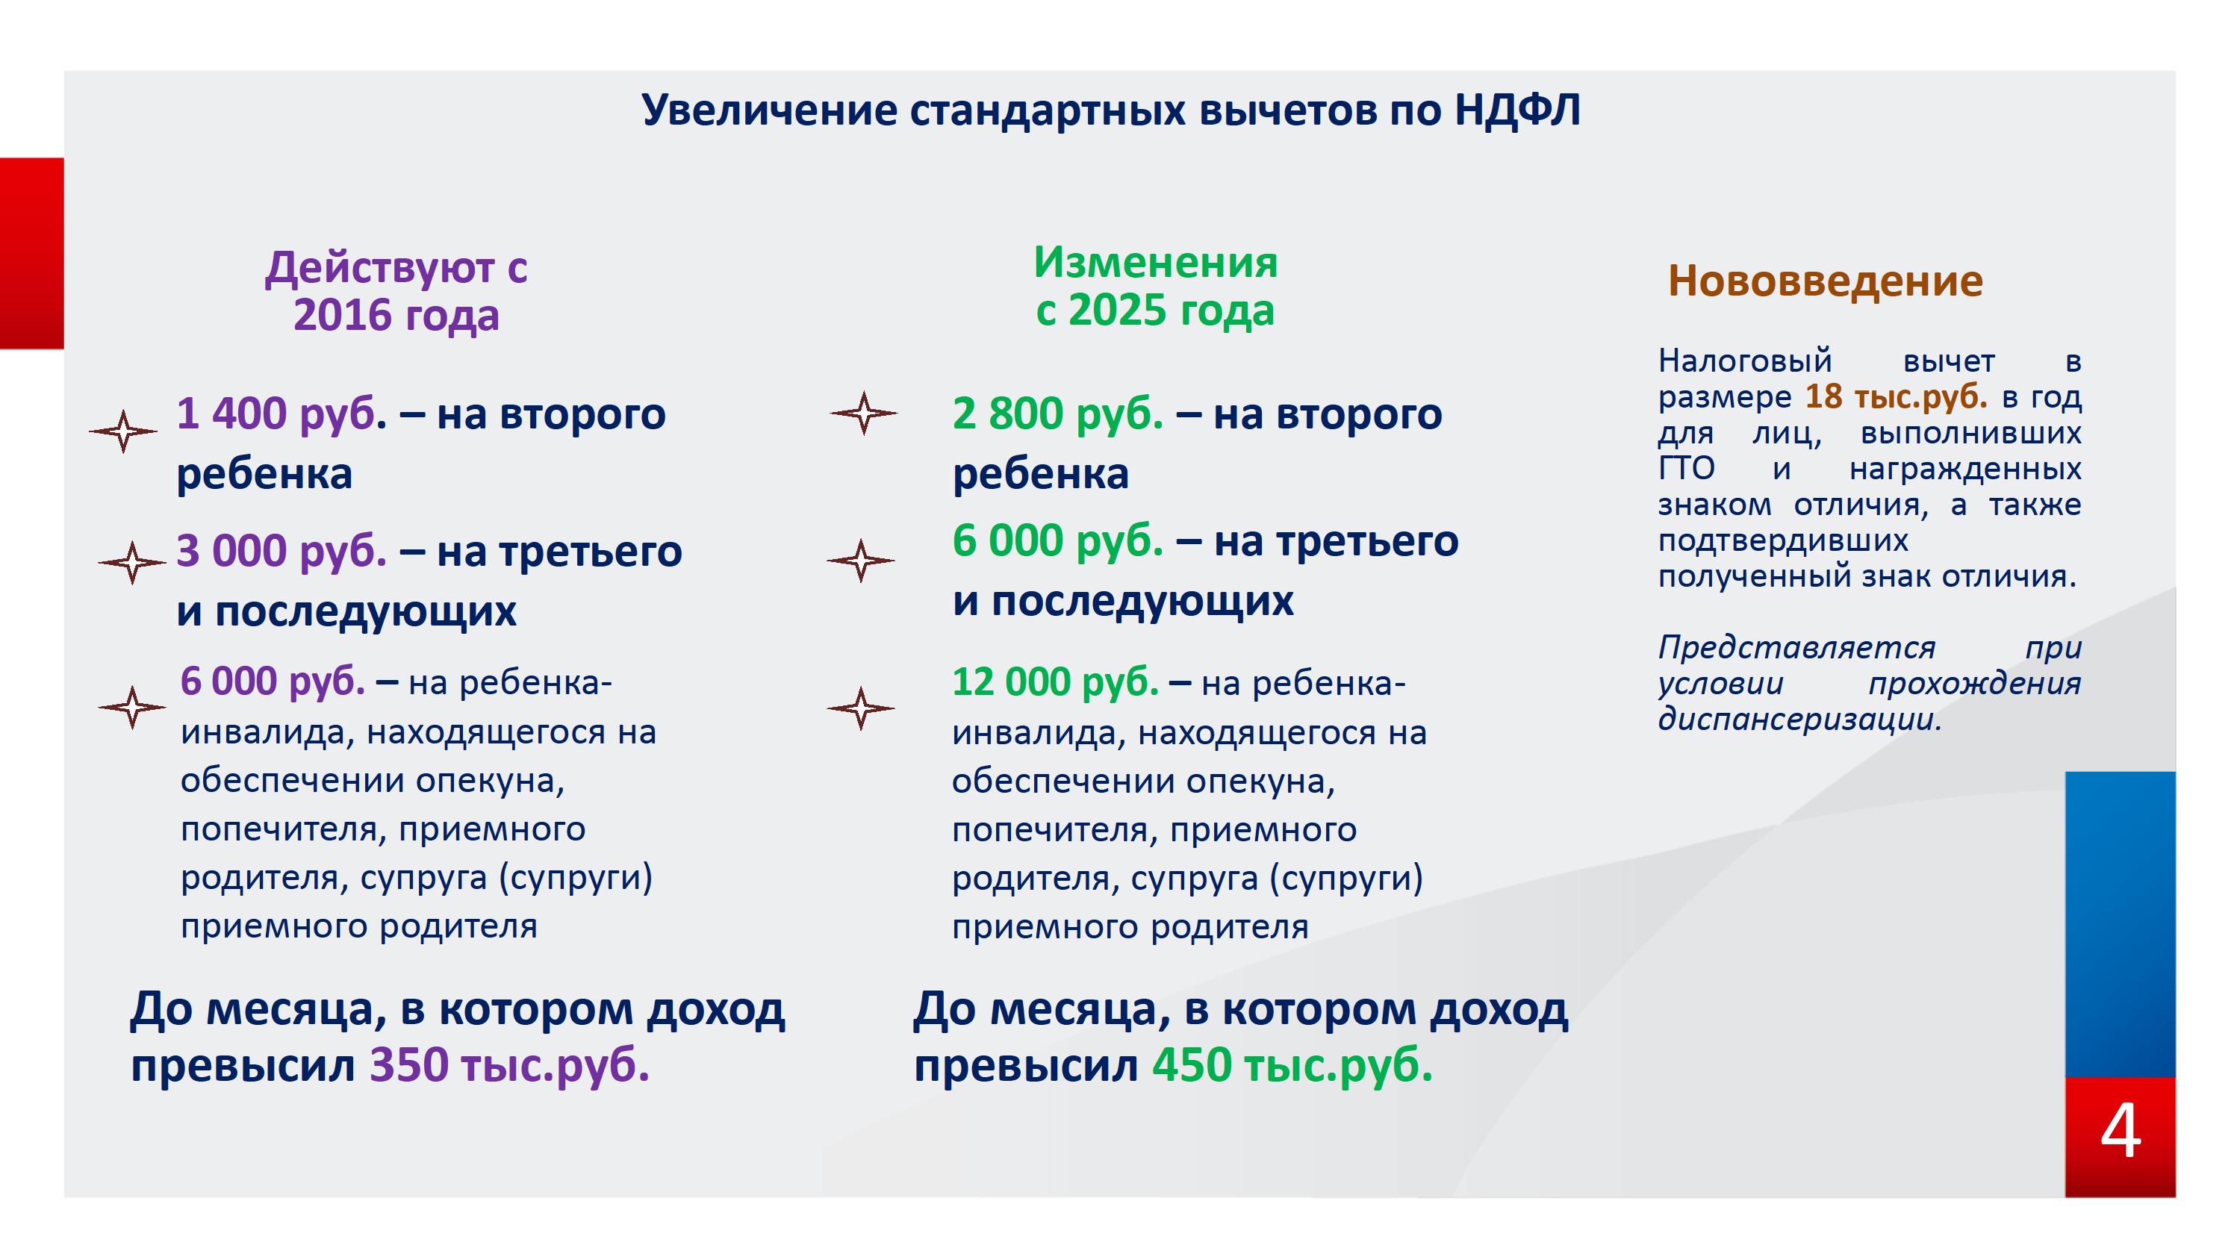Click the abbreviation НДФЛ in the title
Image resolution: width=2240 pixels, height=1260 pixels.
click(x=1517, y=110)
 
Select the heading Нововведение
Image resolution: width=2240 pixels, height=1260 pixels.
click(x=1825, y=281)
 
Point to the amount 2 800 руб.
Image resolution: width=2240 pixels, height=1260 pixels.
click(x=1057, y=414)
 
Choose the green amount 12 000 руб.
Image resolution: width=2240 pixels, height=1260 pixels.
click(x=1056, y=682)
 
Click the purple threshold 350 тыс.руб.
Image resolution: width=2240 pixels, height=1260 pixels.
click(x=509, y=1066)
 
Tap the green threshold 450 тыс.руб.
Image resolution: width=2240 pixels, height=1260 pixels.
click(x=1292, y=1066)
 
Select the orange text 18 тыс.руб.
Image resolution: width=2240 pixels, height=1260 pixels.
click(x=1897, y=397)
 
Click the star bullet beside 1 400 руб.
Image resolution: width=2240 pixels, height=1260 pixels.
click(x=123, y=431)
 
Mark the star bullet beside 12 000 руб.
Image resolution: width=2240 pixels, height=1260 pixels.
click(x=861, y=708)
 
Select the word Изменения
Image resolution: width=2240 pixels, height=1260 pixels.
click(x=1156, y=263)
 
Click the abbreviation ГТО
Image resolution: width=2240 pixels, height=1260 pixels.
click(x=1686, y=470)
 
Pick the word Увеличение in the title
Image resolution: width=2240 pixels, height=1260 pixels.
click(x=770, y=110)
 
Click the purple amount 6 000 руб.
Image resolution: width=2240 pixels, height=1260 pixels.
click(x=273, y=682)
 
